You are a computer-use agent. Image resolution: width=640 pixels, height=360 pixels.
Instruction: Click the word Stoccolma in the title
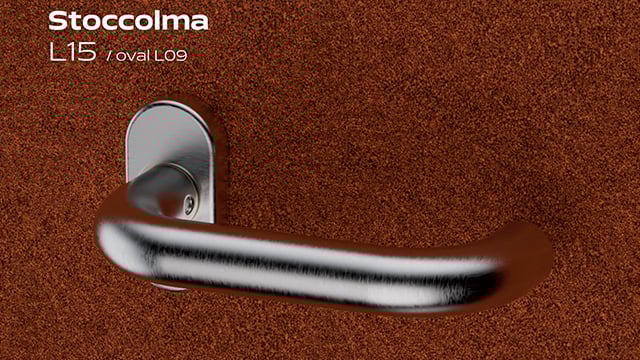(x=128, y=21)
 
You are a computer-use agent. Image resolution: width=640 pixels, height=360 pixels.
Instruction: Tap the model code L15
(x=73, y=53)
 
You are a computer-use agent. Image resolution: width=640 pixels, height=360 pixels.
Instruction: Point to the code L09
(x=171, y=56)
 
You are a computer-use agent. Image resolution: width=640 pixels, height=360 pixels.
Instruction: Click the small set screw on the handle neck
(x=190, y=203)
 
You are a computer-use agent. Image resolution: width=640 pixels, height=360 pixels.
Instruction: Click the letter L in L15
(x=56, y=53)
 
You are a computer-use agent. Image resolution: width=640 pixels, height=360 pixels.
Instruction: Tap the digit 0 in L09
(x=171, y=56)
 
